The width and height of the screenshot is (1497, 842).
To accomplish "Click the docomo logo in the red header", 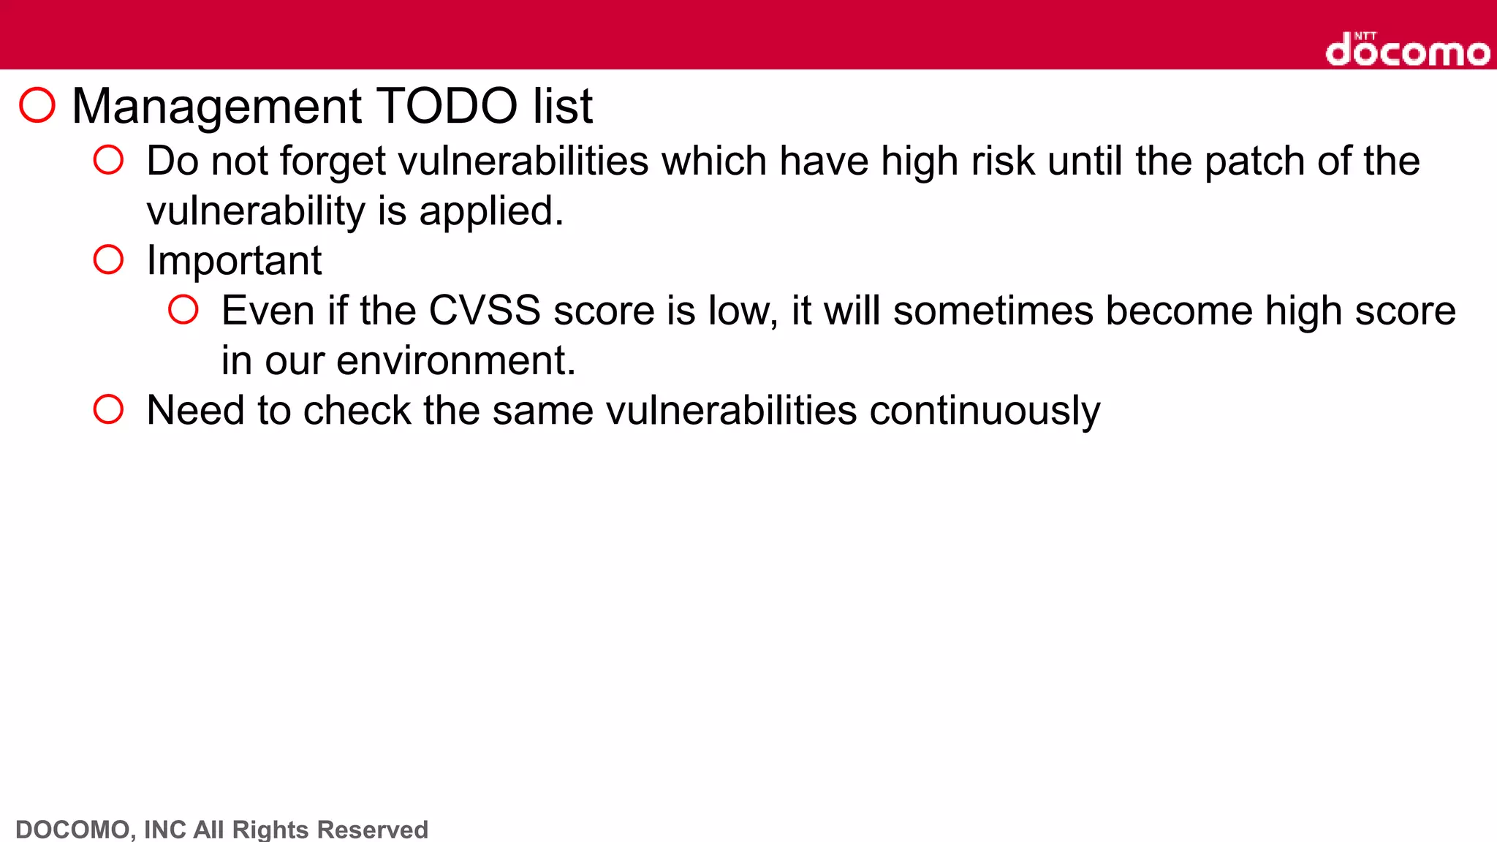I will [x=1407, y=50].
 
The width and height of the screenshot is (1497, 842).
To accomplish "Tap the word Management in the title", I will [x=217, y=107].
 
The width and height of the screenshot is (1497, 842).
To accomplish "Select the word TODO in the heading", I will [x=447, y=107].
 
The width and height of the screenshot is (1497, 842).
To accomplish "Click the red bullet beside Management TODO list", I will [x=37, y=105].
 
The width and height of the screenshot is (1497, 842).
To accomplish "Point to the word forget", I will [x=333, y=162].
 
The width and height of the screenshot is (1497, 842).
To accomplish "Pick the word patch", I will [x=1254, y=162].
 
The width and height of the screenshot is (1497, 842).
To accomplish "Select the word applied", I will [x=491, y=212].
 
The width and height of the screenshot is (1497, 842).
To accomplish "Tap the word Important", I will [x=234, y=261].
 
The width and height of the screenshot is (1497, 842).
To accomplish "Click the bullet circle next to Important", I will [x=108, y=259].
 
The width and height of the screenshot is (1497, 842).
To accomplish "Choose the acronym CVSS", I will [x=485, y=311].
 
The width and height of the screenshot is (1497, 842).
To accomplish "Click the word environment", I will [x=455, y=360].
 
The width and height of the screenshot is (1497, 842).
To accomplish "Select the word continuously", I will [x=985, y=411].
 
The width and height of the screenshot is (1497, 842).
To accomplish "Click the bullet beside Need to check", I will [x=108, y=409].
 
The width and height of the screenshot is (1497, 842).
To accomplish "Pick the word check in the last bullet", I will [x=357, y=411].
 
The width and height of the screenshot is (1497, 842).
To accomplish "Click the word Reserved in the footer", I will [x=373, y=830].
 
